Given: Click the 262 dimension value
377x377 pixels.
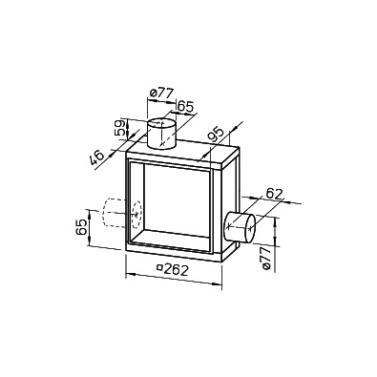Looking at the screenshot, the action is pyautogui.click(x=177, y=270).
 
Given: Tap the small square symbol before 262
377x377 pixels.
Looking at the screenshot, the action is pyautogui.click(x=160, y=267).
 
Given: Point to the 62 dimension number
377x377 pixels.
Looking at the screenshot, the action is pyautogui.click(x=274, y=194).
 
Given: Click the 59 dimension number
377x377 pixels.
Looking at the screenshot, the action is pyautogui.click(x=120, y=128).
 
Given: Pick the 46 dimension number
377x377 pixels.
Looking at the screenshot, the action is pyautogui.click(x=96, y=157).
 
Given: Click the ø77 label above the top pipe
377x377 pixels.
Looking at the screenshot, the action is pyautogui.click(x=161, y=94).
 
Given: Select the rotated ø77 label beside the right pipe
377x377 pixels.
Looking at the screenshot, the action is pyautogui.click(x=267, y=259).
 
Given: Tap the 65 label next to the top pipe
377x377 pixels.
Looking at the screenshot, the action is pyautogui.click(x=185, y=106).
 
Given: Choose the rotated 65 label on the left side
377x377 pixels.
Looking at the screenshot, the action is pyautogui.click(x=82, y=227).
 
